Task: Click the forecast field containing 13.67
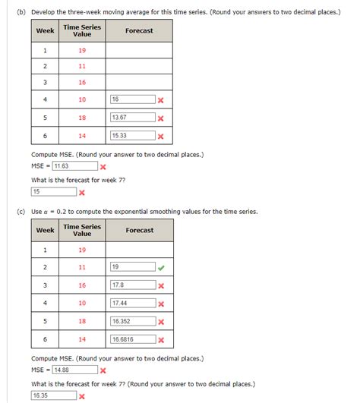click(131, 118)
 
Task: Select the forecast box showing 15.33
click(131, 136)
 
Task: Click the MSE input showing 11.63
click(74, 166)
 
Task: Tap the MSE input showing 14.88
click(74, 370)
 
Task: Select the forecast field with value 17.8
click(131, 285)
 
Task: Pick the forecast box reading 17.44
click(131, 304)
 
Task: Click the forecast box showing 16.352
click(131, 321)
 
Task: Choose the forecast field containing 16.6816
click(131, 339)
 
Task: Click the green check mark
click(161, 267)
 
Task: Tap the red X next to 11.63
click(103, 167)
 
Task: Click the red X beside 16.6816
click(161, 339)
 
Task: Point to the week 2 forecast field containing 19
click(131, 267)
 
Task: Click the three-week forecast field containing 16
click(131, 99)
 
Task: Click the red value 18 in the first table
click(82, 118)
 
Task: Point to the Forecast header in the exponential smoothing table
click(139, 230)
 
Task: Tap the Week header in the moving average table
click(45, 31)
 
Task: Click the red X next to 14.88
click(103, 370)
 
